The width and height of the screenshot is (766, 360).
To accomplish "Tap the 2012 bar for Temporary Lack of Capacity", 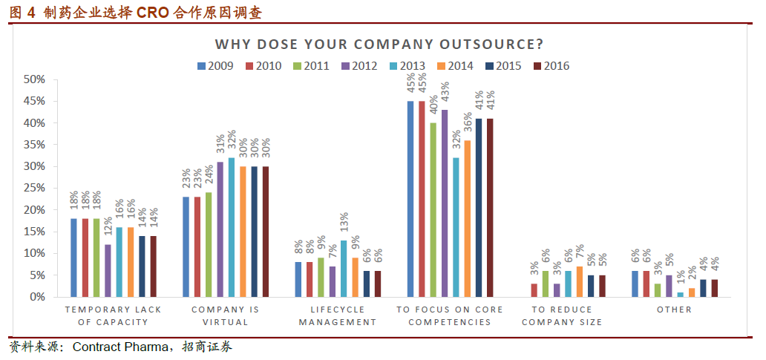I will coord(108,271).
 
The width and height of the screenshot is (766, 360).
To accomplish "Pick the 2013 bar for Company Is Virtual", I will coord(232,227).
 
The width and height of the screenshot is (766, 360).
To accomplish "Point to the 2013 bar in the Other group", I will coord(681,295).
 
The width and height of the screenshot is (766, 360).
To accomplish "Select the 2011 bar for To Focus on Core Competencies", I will coord(433,210).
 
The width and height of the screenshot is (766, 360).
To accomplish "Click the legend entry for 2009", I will coord(215,66).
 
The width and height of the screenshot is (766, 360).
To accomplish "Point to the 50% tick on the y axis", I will coord(35,79).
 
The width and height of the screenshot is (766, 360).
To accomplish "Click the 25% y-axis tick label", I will coord(35,188).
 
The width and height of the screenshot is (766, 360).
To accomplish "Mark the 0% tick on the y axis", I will coord(38,297).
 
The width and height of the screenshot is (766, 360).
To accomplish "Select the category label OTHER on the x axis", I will coord(674,310).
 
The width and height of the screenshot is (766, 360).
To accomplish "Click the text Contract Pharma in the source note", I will coord(120,347).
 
